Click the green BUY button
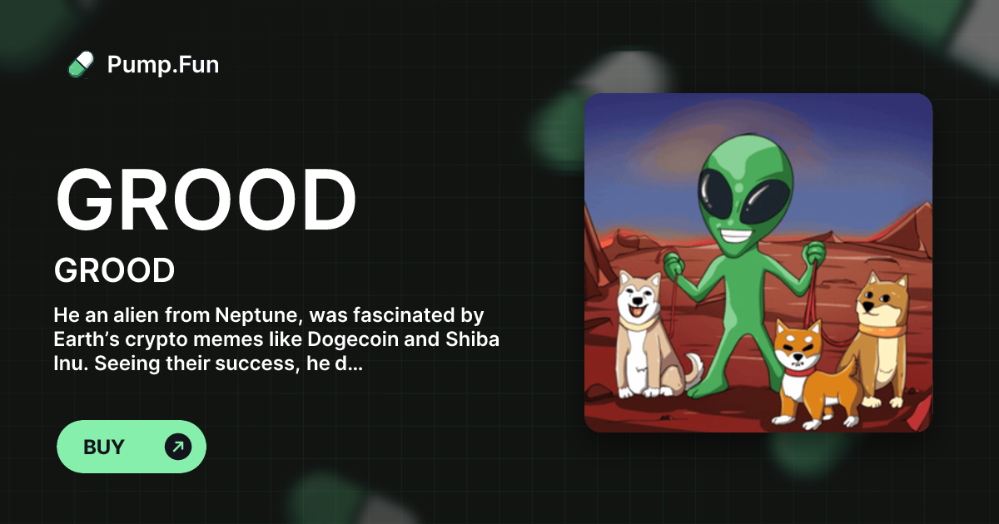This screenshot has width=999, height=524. click(131, 447)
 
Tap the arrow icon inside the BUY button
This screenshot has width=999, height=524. click(177, 447)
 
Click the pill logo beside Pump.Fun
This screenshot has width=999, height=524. click(81, 64)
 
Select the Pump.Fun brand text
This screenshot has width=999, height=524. click(163, 64)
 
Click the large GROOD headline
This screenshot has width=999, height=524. click(206, 202)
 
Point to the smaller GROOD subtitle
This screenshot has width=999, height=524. click(114, 270)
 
